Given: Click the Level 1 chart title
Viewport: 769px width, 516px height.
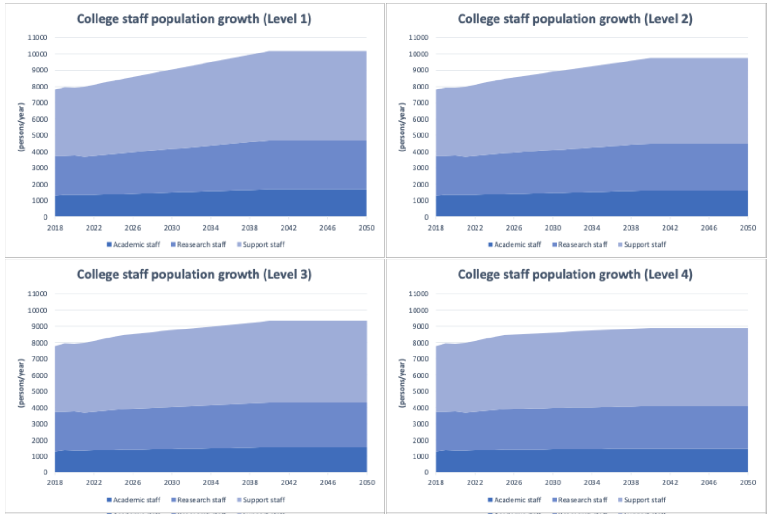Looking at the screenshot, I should click(194, 19).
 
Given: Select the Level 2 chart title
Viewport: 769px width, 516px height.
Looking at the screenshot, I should click(575, 19).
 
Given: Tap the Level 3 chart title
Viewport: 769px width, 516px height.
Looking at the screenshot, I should click(194, 275).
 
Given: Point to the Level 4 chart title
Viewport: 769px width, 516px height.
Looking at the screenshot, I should click(575, 275).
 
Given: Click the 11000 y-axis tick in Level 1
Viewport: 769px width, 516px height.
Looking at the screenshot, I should click(38, 37).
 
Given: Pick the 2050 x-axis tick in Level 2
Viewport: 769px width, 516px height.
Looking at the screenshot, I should click(748, 228).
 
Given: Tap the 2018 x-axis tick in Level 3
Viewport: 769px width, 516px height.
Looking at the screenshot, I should click(55, 482).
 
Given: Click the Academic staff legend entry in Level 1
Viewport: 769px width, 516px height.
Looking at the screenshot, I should click(133, 245).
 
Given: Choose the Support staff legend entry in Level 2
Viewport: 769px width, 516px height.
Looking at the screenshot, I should click(642, 245).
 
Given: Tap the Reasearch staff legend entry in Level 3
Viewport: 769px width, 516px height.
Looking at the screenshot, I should click(198, 500).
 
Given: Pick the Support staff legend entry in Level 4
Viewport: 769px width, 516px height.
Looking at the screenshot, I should click(642, 500).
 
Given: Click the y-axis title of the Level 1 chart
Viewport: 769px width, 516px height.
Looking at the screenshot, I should click(21, 127).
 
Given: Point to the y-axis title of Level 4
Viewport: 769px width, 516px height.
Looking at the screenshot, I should click(402, 383).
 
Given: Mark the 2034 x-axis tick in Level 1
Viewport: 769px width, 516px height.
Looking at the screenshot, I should click(211, 228).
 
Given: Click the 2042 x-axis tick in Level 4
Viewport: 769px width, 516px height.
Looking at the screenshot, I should click(670, 482).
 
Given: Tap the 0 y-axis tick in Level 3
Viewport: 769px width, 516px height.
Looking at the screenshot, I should click(45, 472).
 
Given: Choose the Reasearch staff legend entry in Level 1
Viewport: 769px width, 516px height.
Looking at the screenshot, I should click(198, 245).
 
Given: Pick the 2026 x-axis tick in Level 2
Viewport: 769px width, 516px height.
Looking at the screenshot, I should click(514, 228).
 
